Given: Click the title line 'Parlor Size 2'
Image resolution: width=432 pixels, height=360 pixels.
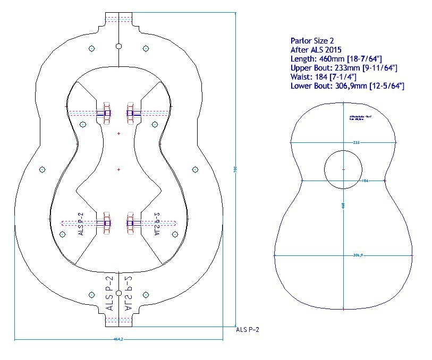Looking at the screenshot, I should pyautogui.click(x=312, y=40).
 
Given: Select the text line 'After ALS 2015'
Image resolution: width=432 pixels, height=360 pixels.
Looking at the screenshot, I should pyautogui.click(x=316, y=49).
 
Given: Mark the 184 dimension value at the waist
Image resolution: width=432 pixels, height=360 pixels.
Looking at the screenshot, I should pyautogui.click(x=365, y=181).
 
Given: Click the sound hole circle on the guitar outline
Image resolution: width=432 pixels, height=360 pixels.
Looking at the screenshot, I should pyautogui.click(x=343, y=169).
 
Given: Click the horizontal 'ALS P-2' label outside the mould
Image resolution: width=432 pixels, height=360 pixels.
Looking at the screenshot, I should pyautogui.click(x=247, y=330).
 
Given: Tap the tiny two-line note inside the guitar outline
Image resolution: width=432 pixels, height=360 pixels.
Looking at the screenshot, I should pyautogui.click(x=357, y=118).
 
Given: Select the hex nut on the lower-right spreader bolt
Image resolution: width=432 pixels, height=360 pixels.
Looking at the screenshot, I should pyautogui.click(x=130, y=224).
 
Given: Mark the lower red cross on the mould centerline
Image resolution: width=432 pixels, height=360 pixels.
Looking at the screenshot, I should pyautogui.click(x=118, y=169).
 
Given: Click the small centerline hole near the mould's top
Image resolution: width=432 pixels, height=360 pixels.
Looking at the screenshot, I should pyautogui.click(x=118, y=47).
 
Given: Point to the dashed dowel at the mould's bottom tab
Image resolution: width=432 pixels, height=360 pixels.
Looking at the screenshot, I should pyautogui.click(x=118, y=321).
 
